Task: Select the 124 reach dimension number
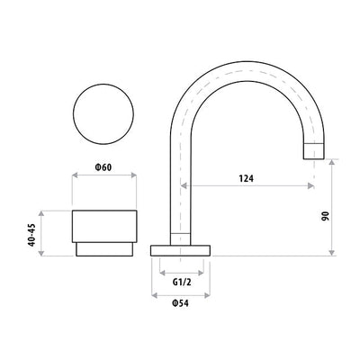pos(246,177)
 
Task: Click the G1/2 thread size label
pos(184,281)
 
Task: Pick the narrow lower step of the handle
pos(105,249)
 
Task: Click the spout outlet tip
pos(312,151)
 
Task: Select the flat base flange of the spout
pos(184,249)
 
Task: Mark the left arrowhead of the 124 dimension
pos(186,187)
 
